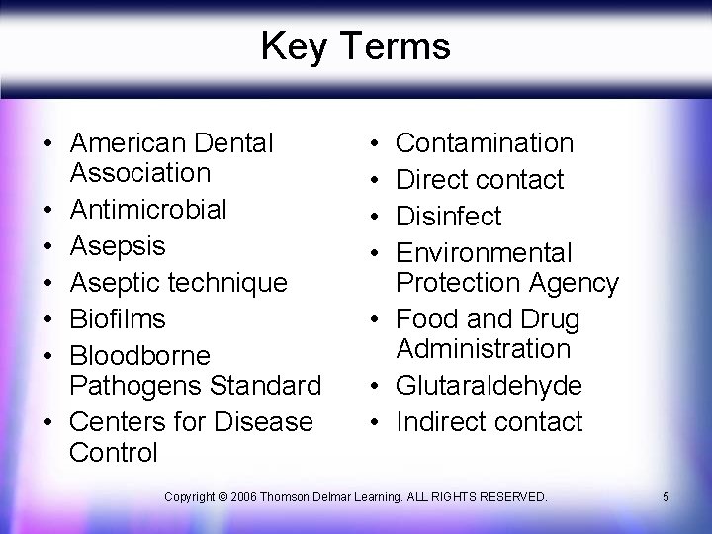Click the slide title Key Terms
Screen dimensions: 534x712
tap(355, 45)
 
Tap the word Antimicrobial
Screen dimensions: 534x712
tap(148, 210)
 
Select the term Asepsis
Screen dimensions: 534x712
tap(118, 246)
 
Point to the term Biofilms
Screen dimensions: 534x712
tap(118, 319)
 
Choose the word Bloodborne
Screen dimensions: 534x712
tap(140, 355)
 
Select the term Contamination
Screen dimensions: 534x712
tap(485, 143)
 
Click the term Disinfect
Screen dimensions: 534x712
tap(449, 217)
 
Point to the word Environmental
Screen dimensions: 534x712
tap(484, 253)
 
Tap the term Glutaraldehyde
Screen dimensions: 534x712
tap(489, 385)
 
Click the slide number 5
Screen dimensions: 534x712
tap(666, 496)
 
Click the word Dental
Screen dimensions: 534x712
tap(234, 143)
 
